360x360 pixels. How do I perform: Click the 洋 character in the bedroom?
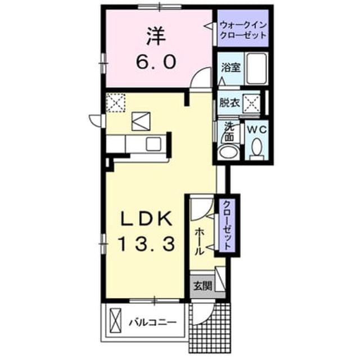click(156, 36)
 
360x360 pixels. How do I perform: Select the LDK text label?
click(147, 218)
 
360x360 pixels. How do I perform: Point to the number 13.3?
click(146, 244)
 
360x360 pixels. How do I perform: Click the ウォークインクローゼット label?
click(244, 30)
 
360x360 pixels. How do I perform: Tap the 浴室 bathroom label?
click(231, 67)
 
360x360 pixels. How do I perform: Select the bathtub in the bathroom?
click(256, 68)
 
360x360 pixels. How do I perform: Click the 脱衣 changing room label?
click(229, 102)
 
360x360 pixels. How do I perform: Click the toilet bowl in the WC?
click(256, 147)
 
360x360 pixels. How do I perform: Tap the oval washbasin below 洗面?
click(228, 151)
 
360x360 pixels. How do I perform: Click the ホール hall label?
click(199, 242)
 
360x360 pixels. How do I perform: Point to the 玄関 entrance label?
click(202, 286)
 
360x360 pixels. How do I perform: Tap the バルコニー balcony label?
click(152, 322)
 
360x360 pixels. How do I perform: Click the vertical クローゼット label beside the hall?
click(227, 226)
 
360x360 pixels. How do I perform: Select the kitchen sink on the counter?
click(154, 144)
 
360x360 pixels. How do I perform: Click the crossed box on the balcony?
click(115, 321)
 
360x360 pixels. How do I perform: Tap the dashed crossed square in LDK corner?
click(116, 102)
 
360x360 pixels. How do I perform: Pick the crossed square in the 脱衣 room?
click(251, 103)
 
